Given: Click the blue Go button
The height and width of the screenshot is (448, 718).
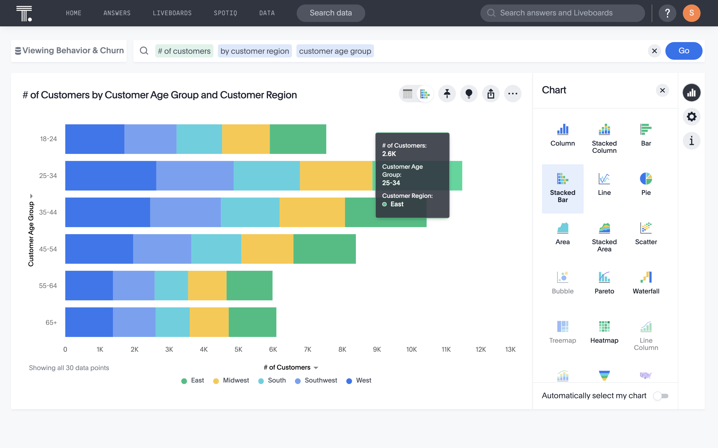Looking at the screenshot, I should (x=683, y=51).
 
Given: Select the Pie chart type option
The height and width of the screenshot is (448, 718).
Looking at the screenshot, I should (x=646, y=184).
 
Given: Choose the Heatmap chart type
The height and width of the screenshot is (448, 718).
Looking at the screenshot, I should (x=604, y=331).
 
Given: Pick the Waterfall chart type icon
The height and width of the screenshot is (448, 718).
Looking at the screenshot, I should (x=646, y=282).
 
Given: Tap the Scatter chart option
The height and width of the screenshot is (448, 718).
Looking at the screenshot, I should (x=646, y=233).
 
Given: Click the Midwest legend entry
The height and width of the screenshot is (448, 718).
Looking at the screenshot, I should (x=231, y=381).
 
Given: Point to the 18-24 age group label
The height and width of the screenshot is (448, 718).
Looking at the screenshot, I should (x=48, y=139).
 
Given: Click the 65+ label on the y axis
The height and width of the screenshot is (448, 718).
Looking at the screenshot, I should (x=51, y=322).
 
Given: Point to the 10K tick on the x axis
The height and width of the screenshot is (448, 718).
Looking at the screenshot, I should (x=411, y=349).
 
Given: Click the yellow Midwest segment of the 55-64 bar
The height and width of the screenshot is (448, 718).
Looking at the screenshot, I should (x=207, y=285).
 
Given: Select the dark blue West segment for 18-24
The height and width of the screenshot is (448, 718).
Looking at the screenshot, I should (x=95, y=139).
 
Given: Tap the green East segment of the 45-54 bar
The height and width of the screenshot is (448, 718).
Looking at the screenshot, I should (x=324, y=249).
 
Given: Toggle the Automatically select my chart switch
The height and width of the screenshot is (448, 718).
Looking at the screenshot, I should (x=661, y=396).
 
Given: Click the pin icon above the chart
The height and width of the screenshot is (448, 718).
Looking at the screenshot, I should (x=447, y=94).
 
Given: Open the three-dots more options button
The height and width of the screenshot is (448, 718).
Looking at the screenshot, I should (x=512, y=94).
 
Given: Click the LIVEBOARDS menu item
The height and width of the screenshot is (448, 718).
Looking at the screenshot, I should (x=172, y=13).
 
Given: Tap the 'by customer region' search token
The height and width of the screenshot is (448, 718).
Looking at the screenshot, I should (x=255, y=51).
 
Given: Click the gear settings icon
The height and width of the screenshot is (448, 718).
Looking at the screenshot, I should (x=691, y=117).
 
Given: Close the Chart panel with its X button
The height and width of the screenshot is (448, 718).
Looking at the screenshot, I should (x=662, y=90).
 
